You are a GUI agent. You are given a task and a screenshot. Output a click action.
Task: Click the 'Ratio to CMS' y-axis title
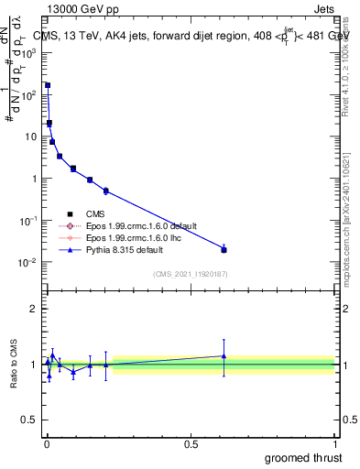(14, 365)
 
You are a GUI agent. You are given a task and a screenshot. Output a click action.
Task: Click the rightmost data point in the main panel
(224, 249)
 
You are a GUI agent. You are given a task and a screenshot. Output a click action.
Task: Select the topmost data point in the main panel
(48, 85)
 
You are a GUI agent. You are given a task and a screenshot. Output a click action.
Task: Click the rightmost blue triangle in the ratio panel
(224, 355)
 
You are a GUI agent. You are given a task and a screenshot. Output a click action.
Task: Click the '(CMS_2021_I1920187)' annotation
(191, 275)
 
